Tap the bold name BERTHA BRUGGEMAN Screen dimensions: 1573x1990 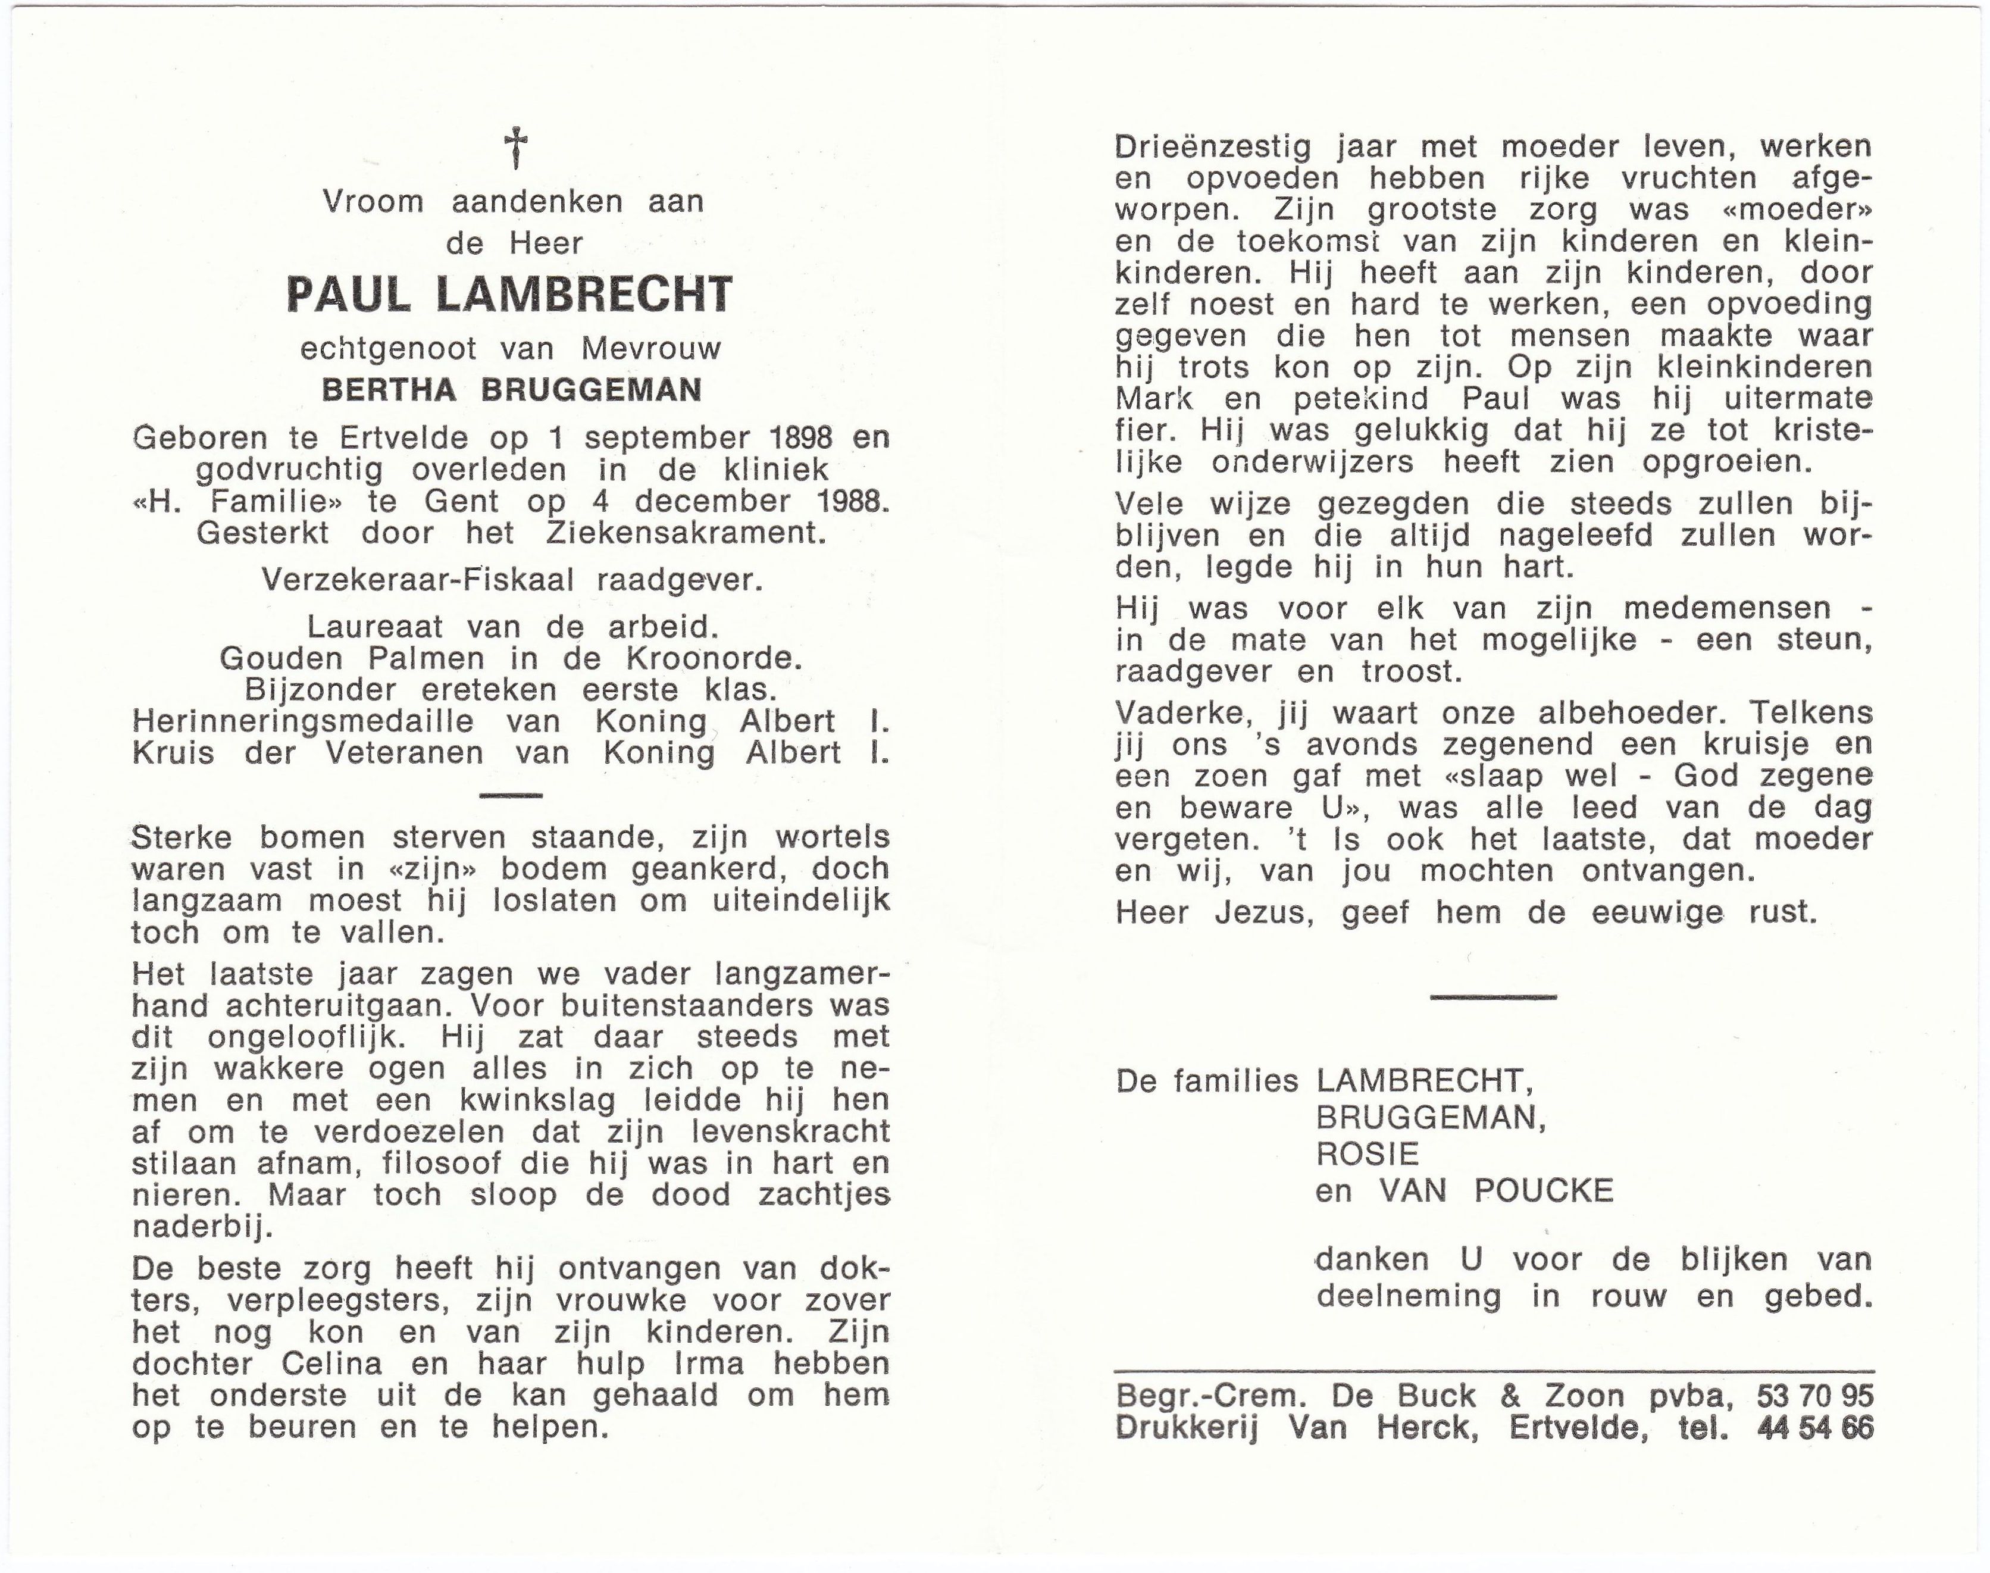tap(511, 390)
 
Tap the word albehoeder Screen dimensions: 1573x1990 tap(1613, 714)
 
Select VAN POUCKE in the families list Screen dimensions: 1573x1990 tap(1495, 1191)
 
